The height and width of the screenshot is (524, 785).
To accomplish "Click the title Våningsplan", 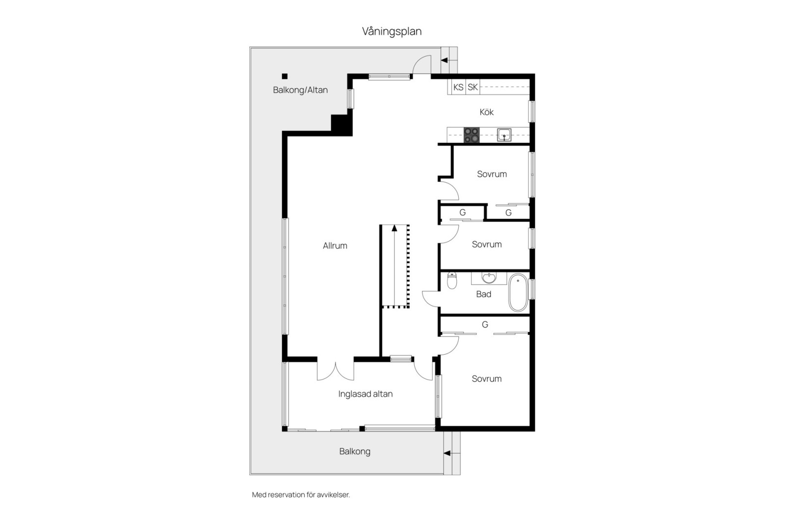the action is click(x=392, y=31).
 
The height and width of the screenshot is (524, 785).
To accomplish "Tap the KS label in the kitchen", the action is click(x=458, y=87).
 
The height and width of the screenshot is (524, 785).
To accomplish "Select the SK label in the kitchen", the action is click(x=472, y=87).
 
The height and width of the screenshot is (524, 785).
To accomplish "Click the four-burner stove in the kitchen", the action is click(x=471, y=135).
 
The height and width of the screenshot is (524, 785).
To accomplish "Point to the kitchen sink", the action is click(x=504, y=135).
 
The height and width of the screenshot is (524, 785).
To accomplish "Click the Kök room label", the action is click(x=486, y=112).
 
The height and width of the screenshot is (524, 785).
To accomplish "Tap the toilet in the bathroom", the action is click(x=452, y=280).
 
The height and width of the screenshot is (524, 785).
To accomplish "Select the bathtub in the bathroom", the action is click(x=518, y=293).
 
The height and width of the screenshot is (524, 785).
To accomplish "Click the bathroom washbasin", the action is click(x=489, y=278).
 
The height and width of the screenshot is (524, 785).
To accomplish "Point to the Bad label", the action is click(x=484, y=294).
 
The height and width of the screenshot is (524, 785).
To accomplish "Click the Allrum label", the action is click(x=335, y=246).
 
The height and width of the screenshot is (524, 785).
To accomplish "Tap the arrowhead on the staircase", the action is click(x=394, y=228).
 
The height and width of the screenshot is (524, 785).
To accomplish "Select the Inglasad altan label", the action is click(x=366, y=394).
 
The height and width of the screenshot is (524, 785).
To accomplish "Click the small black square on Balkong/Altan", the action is click(x=285, y=76).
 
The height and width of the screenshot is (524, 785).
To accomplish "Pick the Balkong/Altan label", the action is click(x=300, y=90).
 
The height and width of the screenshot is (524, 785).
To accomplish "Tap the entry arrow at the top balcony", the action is click(x=449, y=60).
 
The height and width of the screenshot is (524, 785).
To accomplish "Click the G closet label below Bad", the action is click(x=485, y=325).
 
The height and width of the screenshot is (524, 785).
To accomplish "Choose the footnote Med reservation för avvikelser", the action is click(x=301, y=495).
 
